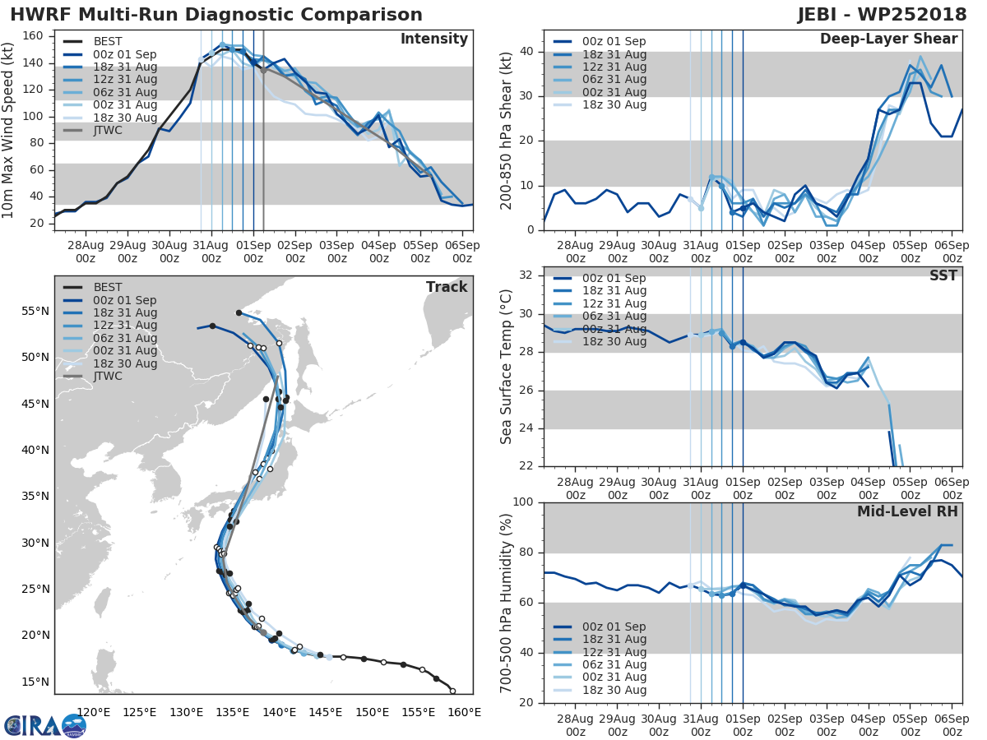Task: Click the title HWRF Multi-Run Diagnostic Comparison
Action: [x=216, y=15]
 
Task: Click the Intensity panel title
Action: [x=433, y=39]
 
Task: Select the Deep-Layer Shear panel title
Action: [x=888, y=39]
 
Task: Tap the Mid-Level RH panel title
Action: [x=907, y=511]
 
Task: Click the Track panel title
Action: [x=447, y=287]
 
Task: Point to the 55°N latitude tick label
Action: [x=36, y=311]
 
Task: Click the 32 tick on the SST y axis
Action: [x=526, y=275]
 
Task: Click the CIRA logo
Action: [x=44, y=725]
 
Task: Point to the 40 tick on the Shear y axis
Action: [x=526, y=51]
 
